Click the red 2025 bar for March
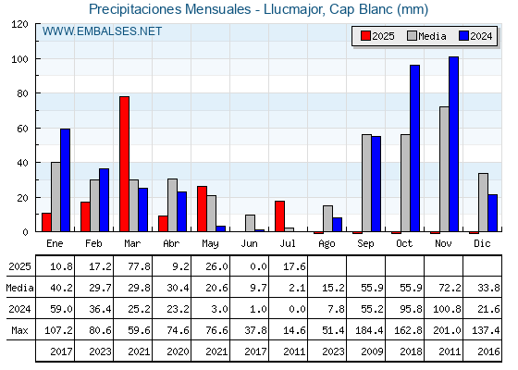pyautogui.click(x=125, y=164)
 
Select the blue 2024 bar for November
pyautogui.click(x=453, y=144)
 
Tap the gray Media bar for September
pyautogui.click(x=366, y=183)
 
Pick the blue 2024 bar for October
pyautogui.click(x=415, y=148)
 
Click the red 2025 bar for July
pyautogui.click(x=279, y=216)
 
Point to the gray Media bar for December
pyautogui.click(x=483, y=203)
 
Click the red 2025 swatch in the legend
pyautogui.click(x=365, y=36)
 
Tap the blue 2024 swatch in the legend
pyautogui.click(x=463, y=36)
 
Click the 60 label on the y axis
pyautogui.click(x=22, y=129)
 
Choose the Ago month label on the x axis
pyautogui.click(x=327, y=244)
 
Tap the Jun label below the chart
pyautogui.click(x=249, y=244)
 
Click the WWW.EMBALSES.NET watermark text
pyautogui.click(x=102, y=31)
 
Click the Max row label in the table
pyautogui.click(x=19, y=330)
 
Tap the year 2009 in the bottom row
pyautogui.click(x=372, y=351)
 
